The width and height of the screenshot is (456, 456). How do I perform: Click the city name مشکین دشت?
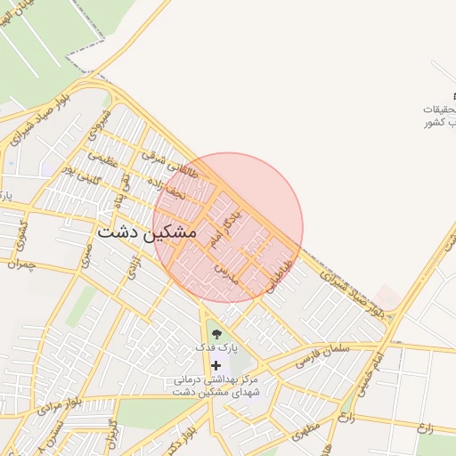tap(144, 232)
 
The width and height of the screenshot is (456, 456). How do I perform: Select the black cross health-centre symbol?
tap(215, 365)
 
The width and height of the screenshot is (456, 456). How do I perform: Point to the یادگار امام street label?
tap(221, 227)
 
